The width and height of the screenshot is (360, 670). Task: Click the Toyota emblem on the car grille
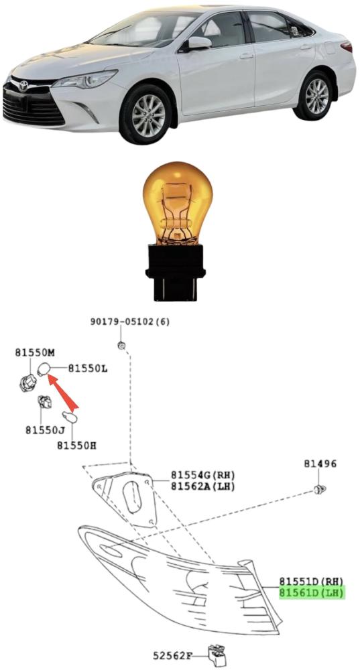coord(23,86)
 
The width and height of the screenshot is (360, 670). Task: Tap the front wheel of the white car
coord(145,115)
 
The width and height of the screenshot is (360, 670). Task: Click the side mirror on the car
coord(198,44)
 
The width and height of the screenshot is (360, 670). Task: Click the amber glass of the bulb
coord(178,203)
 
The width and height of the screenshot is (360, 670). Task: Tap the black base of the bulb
coord(176,271)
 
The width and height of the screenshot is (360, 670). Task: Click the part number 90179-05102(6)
coord(130,322)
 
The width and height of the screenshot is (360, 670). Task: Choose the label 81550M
coord(35,352)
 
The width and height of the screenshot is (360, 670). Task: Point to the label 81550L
coord(88,368)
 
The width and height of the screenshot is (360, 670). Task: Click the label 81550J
coord(45,430)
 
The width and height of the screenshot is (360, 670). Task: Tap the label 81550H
coord(76,446)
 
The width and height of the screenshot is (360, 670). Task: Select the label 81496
coord(320,464)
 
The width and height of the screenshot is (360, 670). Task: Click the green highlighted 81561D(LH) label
coord(312,593)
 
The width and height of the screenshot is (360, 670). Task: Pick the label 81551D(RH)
coord(312,581)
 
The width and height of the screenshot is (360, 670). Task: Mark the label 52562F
coord(173,655)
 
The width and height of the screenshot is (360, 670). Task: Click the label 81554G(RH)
coord(203,475)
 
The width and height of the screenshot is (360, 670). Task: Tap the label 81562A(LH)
coord(203,486)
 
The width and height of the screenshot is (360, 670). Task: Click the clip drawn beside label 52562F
coord(217,655)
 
